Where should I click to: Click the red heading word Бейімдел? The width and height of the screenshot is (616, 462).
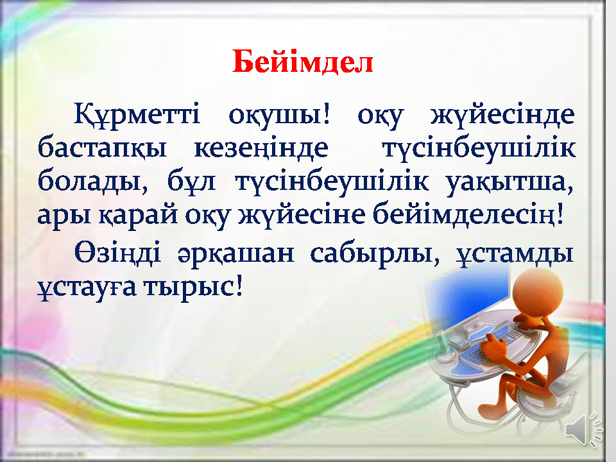point(302,62)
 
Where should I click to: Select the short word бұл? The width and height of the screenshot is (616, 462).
point(192,182)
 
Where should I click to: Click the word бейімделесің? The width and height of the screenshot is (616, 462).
point(468,216)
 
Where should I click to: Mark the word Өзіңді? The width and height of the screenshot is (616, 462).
point(118,253)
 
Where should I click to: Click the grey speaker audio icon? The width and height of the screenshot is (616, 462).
point(583,430)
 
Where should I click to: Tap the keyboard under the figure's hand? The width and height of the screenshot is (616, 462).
point(491,346)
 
